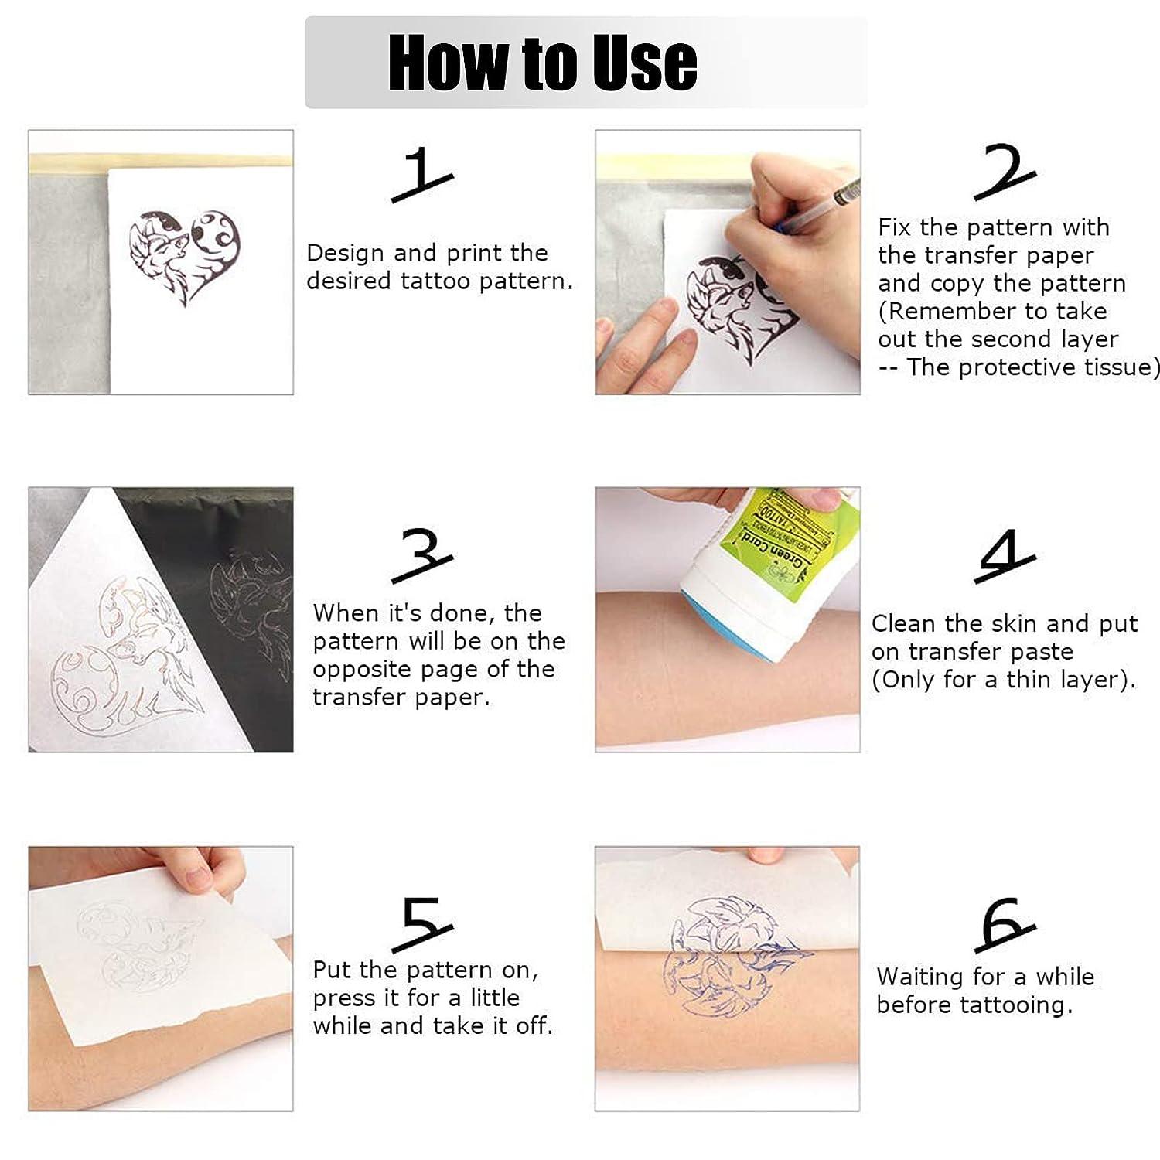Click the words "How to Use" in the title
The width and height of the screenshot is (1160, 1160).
click(x=542, y=62)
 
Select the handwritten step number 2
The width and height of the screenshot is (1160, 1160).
click(x=1003, y=172)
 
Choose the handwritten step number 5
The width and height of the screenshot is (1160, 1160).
click(x=422, y=923)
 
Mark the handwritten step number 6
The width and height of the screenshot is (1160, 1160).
click(x=1004, y=923)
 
